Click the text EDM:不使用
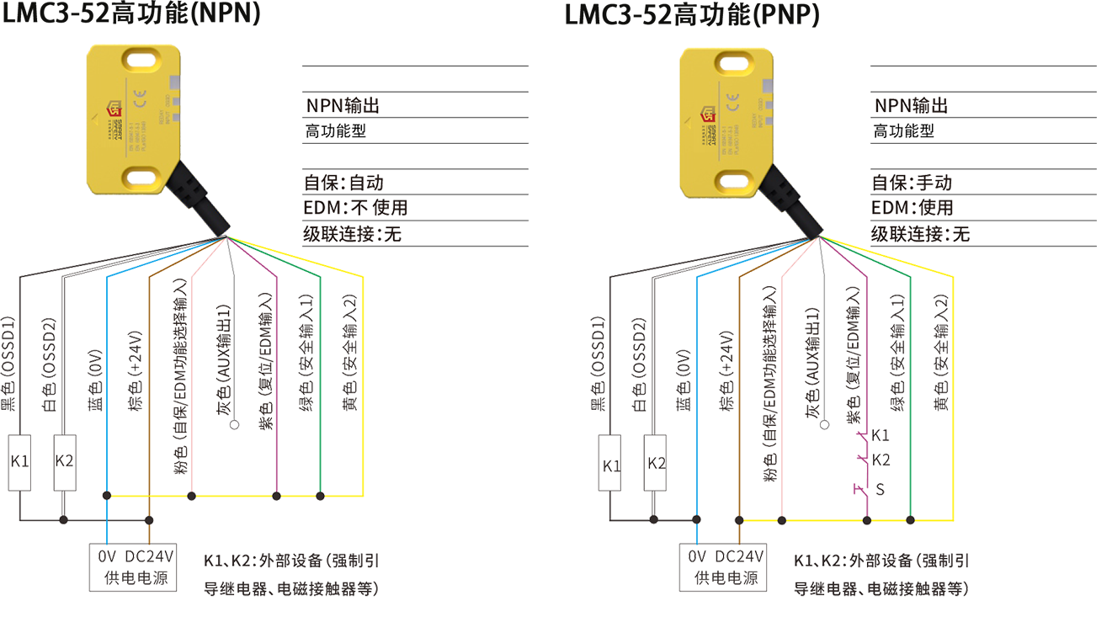click(x=360, y=208)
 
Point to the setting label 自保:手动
click(x=916, y=183)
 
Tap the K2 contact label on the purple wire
click(x=879, y=460)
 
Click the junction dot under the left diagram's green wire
click(x=320, y=495)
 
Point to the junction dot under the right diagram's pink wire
click(x=782, y=520)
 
